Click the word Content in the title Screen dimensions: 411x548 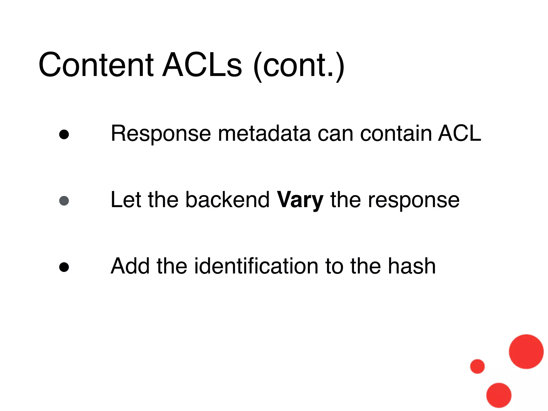tap(96, 65)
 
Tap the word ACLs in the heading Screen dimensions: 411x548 tap(202, 65)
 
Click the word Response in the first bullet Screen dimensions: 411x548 tap(161, 134)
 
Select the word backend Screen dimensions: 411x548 tap(227, 200)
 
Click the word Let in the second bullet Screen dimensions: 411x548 tap(125, 200)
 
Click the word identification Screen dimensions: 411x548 tap(256, 266)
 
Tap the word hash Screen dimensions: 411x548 tap(412, 266)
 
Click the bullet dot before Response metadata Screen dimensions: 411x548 tap(64, 135)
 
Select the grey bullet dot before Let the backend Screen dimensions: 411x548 tap(64, 201)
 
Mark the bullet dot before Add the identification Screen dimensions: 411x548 tap(64, 267)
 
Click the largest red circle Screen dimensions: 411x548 tap(526, 352)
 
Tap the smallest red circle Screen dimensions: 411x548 tap(477, 366)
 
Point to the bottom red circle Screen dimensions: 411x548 tap(499, 395)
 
